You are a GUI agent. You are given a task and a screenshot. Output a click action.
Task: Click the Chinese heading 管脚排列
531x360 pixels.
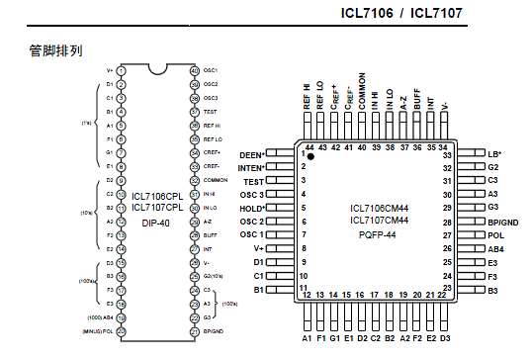[x=54, y=49]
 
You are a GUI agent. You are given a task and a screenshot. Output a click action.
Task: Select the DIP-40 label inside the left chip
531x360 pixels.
[x=157, y=223]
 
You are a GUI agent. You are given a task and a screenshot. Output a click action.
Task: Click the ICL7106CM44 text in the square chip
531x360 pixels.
[x=378, y=208]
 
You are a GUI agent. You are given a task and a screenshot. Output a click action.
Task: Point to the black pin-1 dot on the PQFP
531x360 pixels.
[x=310, y=156]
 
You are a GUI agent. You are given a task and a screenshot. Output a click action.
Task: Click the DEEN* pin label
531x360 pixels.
[x=252, y=155]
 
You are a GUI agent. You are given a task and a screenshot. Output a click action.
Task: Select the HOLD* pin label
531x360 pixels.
[x=252, y=209]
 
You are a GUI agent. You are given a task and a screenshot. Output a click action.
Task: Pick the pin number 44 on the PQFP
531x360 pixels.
[x=309, y=145]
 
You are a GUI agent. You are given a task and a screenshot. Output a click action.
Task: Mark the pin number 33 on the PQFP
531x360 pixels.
[x=447, y=155]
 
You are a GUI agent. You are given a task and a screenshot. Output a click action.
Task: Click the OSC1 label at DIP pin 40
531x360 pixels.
[x=211, y=70]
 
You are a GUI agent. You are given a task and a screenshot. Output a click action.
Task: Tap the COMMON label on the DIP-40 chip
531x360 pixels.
[x=216, y=181]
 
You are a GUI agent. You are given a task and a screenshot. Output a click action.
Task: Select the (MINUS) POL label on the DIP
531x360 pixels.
[x=100, y=331]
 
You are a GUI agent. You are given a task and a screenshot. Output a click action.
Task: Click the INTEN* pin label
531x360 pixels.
[x=251, y=168]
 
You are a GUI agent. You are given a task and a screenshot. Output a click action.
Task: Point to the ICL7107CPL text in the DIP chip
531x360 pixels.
[x=157, y=208]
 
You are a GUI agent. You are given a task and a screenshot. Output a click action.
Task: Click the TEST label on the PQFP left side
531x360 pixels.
[x=254, y=182]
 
